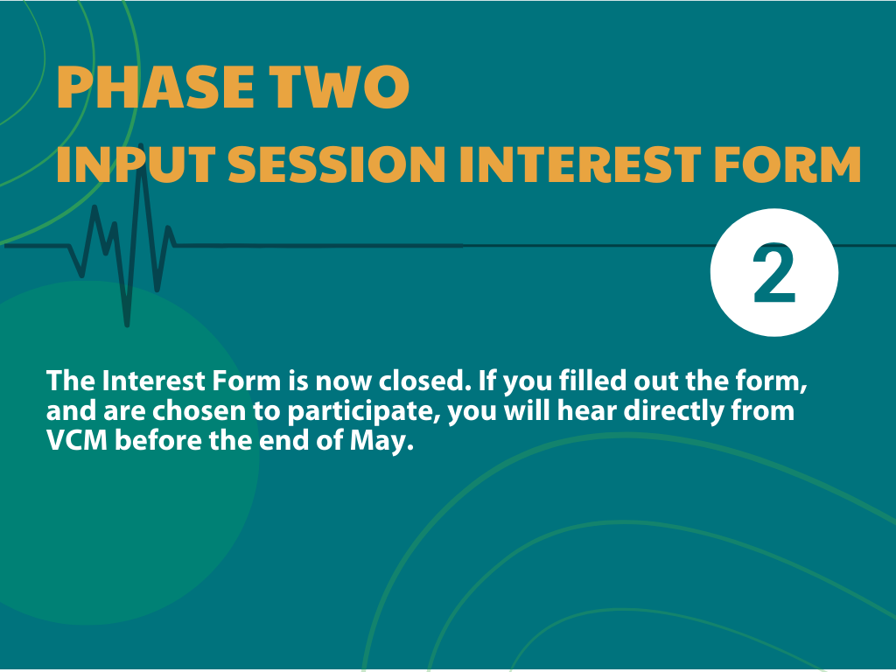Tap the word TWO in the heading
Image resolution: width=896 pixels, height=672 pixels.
coord(340,87)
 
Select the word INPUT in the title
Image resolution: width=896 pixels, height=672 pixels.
coord(136,164)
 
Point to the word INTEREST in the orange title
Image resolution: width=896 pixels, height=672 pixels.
coord(580,164)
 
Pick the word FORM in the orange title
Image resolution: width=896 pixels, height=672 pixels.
coord(787,164)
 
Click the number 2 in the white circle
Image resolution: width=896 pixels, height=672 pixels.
coord(774,274)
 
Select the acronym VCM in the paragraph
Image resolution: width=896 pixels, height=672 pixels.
coord(77,441)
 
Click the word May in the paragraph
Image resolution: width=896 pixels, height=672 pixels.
coord(381,442)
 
